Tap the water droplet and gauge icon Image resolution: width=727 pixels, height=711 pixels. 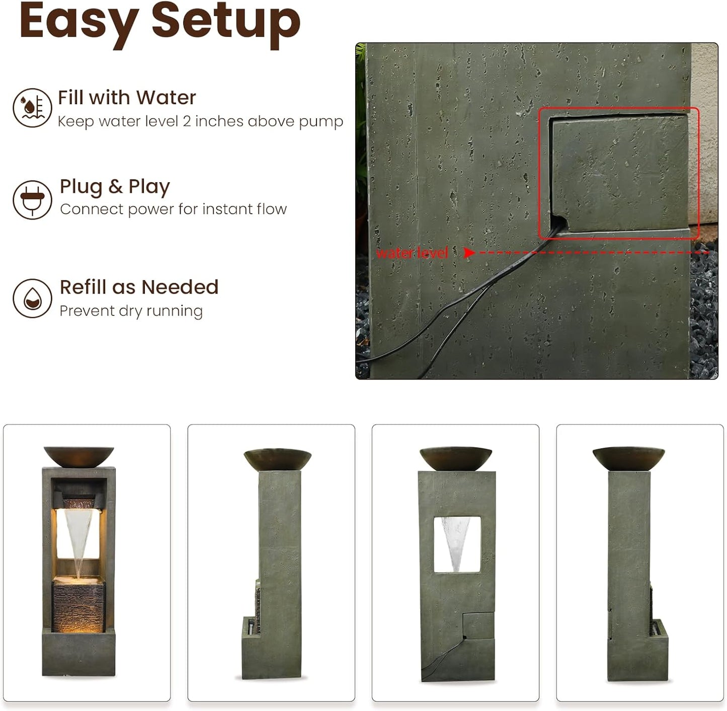point(32,108)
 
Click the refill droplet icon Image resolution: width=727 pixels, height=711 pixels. point(32,298)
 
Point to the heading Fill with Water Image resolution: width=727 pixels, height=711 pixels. point(127,98)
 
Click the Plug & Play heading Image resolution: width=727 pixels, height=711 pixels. point(115,187)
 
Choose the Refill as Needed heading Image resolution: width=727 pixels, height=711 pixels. point(139,287)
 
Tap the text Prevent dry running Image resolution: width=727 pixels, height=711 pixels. point(131,311)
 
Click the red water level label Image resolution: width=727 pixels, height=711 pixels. point(412,253)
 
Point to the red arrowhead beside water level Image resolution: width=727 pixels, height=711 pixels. point(469,253)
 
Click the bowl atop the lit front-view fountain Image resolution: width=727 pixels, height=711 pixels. point(79,456)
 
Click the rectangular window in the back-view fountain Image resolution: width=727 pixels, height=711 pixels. point(457,545)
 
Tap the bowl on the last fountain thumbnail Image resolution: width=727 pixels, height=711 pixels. point(629,458)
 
